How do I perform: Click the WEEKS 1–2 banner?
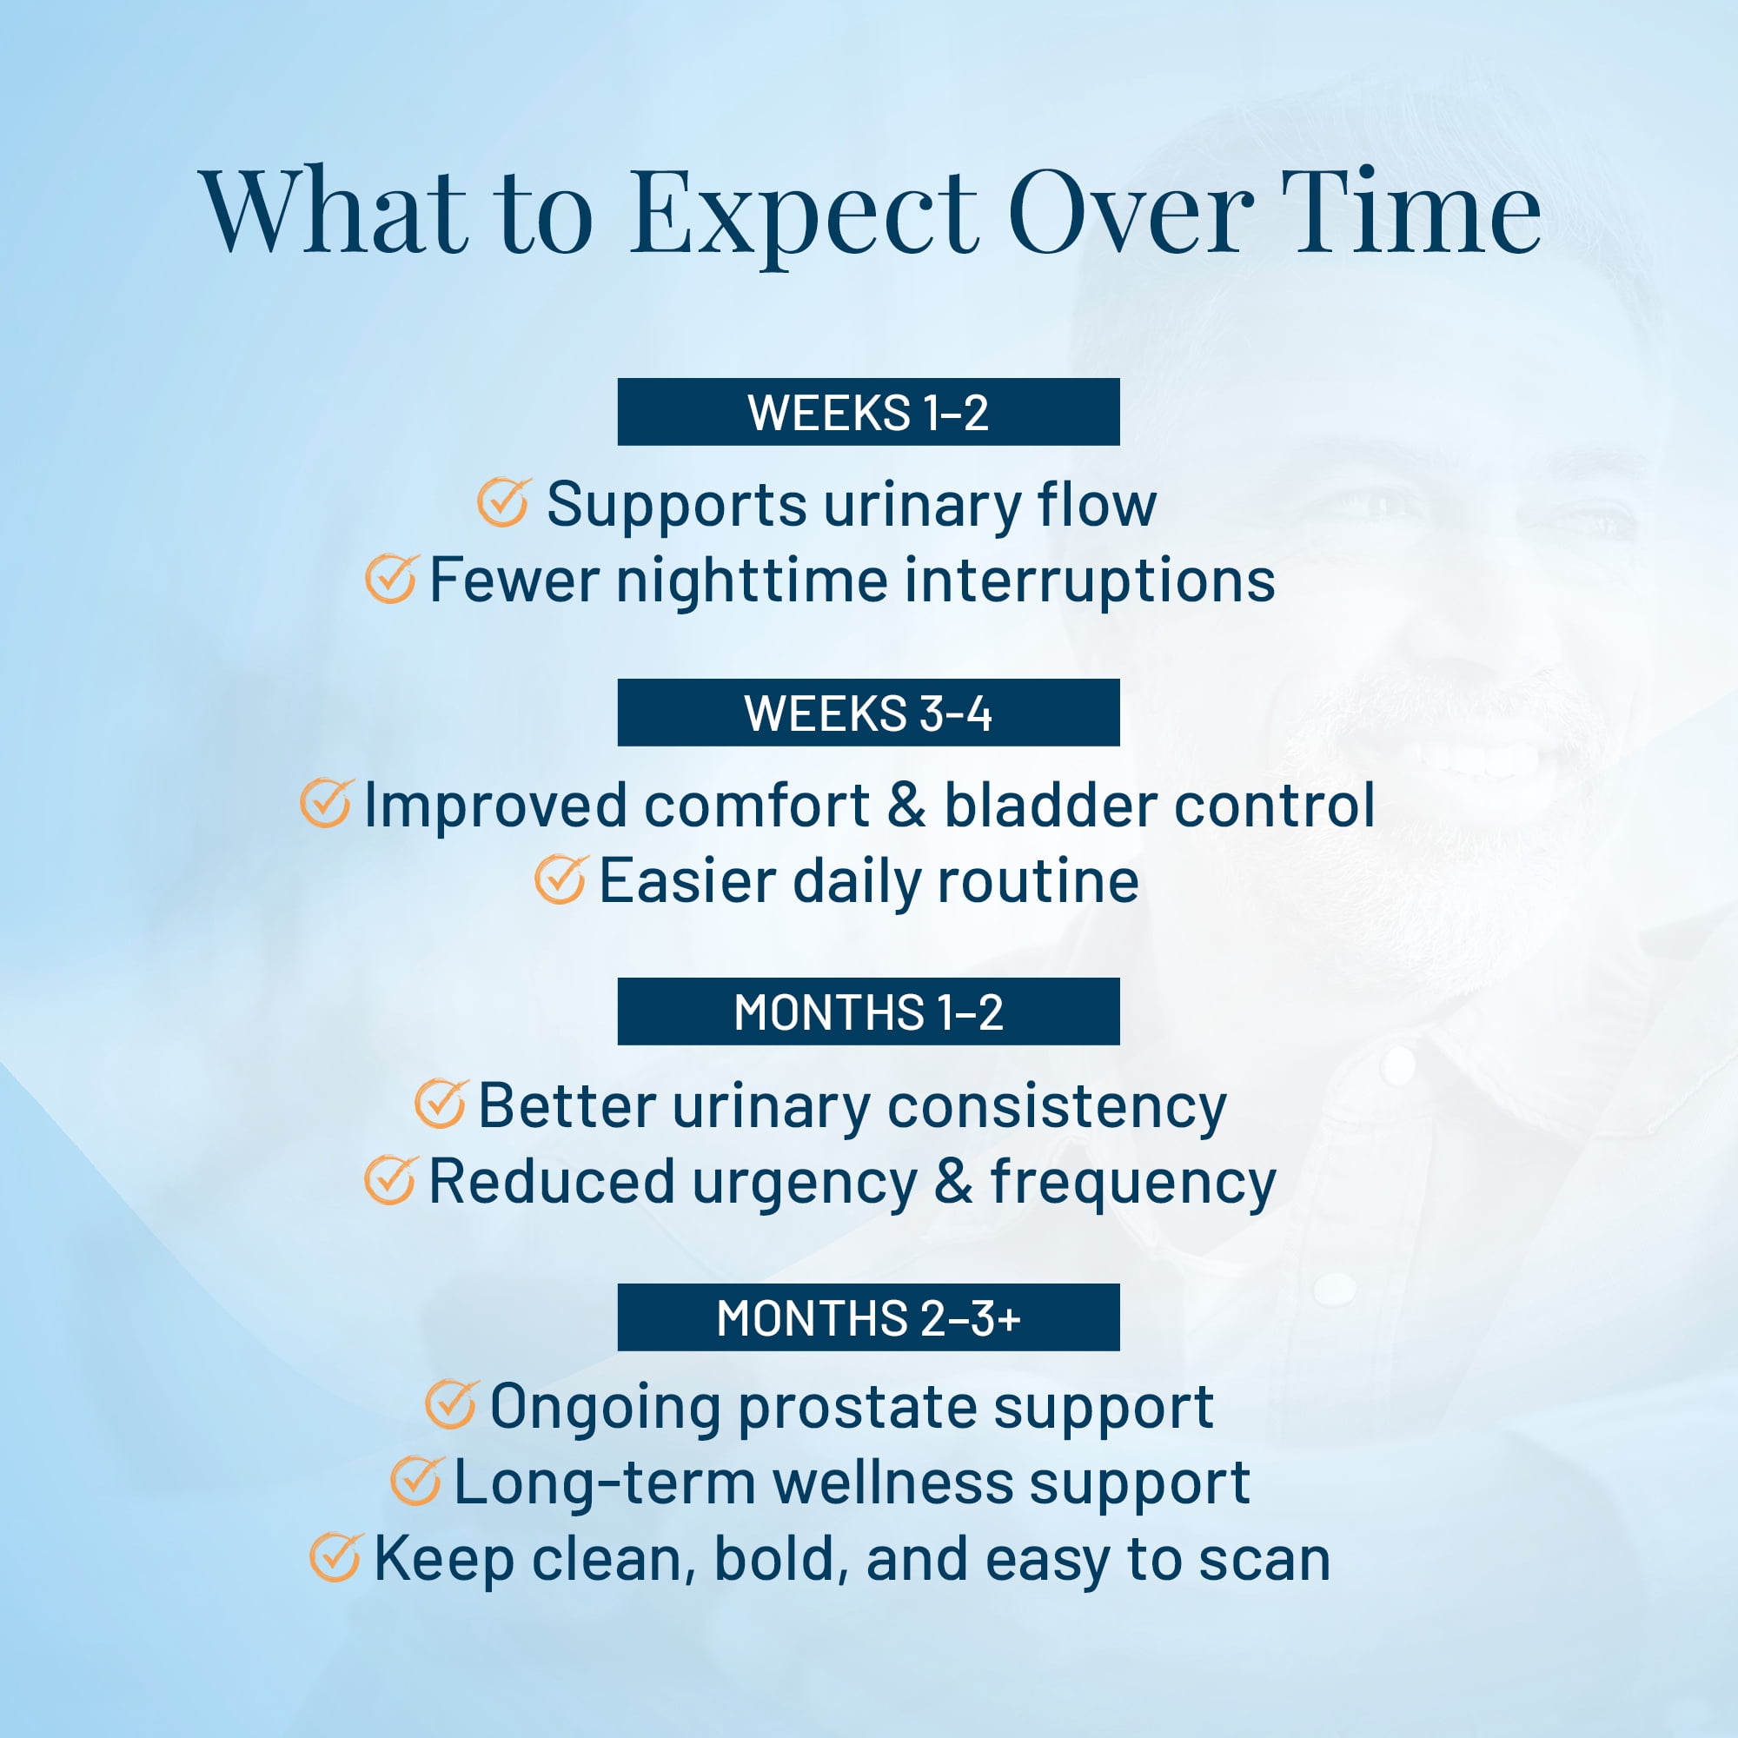(868, 412)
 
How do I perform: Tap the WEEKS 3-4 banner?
(868, 713)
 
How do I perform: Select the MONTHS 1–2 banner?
(868, 1012)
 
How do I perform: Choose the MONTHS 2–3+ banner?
(868, 1317)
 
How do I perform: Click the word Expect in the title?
(803, 216)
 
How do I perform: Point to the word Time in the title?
(1411, 210)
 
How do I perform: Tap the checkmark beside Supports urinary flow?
(504, 503)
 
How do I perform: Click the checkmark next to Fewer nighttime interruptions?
(391, 579)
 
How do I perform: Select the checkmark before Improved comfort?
(327, 803)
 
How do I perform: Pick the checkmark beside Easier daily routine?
(561, 879)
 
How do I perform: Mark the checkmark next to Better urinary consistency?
(441, 1104)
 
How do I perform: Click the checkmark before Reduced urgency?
(390, 1180)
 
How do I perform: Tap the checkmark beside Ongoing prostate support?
(451, 1404)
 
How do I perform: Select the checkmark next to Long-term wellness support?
(416, 1481)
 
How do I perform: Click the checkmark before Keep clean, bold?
(336, 1557)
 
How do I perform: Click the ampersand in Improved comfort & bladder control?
(905, 804)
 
